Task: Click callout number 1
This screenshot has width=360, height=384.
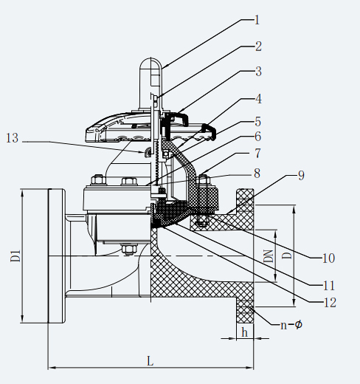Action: tap(257, 20)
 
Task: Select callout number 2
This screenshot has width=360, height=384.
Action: tap(258, 47)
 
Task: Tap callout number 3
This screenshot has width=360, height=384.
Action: tap(258, 72)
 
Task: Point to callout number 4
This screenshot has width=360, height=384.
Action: tap(258, 99)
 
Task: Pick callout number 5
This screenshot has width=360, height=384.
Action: tap(258, 122)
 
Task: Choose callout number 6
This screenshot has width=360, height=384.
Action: tap(258, 137)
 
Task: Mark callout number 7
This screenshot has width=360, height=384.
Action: tap(257, 154)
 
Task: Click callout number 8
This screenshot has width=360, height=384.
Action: tap(257, 174)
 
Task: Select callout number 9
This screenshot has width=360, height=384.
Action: tap(301, 175)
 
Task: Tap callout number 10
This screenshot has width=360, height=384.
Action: tap(329, 258)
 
